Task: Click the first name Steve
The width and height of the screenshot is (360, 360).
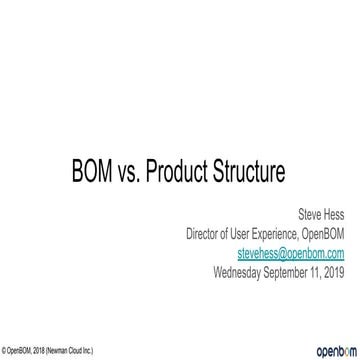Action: coord(310,214)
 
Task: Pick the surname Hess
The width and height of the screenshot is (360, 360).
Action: coord(334,214)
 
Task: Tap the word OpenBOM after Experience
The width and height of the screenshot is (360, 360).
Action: coord(324,235)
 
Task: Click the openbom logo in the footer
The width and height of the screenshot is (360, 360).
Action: coord(334,351)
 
